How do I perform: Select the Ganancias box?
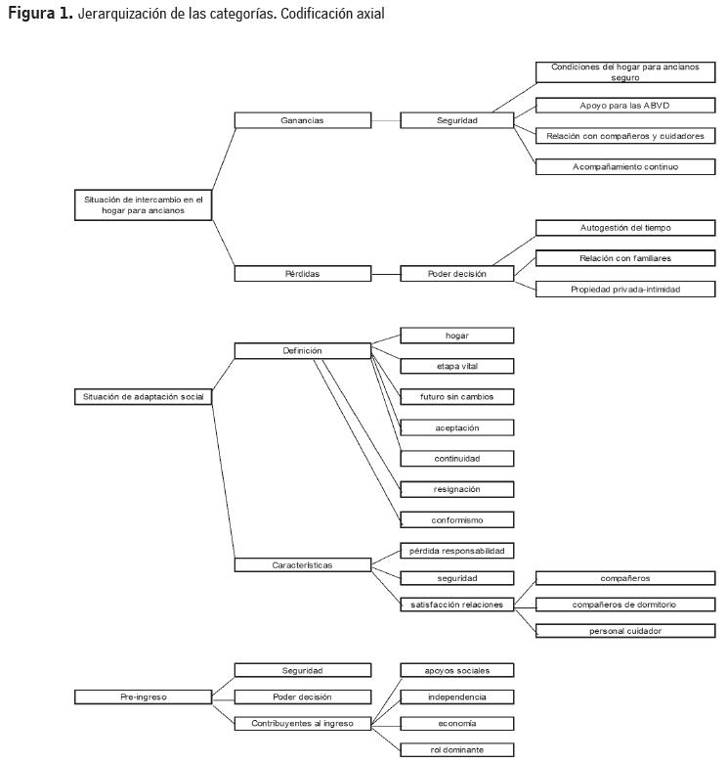[x=303, y=120]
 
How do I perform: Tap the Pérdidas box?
[x=303, y=274]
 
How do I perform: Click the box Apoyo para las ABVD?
[x=624, y=105]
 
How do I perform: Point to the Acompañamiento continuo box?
[x=624, y=166]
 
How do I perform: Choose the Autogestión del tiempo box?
[x=624, y=228]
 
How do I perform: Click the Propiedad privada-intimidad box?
[x=624, y=289]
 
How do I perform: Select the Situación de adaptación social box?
[x=143, y=396]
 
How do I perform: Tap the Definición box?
[x=303, y=350]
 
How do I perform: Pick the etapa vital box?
[x=457, y=366]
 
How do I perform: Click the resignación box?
[x=457, y=489]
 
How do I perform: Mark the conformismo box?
[x=457, y=519]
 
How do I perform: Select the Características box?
[x=303, y=565]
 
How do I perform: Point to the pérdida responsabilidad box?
[x=457, y=551]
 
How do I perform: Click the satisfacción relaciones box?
[x=457, y=605]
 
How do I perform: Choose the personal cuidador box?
[x=624, y=631]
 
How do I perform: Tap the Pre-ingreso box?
[x=143, y=697]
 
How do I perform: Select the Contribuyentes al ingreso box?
[x=303, y=724]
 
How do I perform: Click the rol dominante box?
[x=457, y=750]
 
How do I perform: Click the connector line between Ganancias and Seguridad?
[x=386, y=120]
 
